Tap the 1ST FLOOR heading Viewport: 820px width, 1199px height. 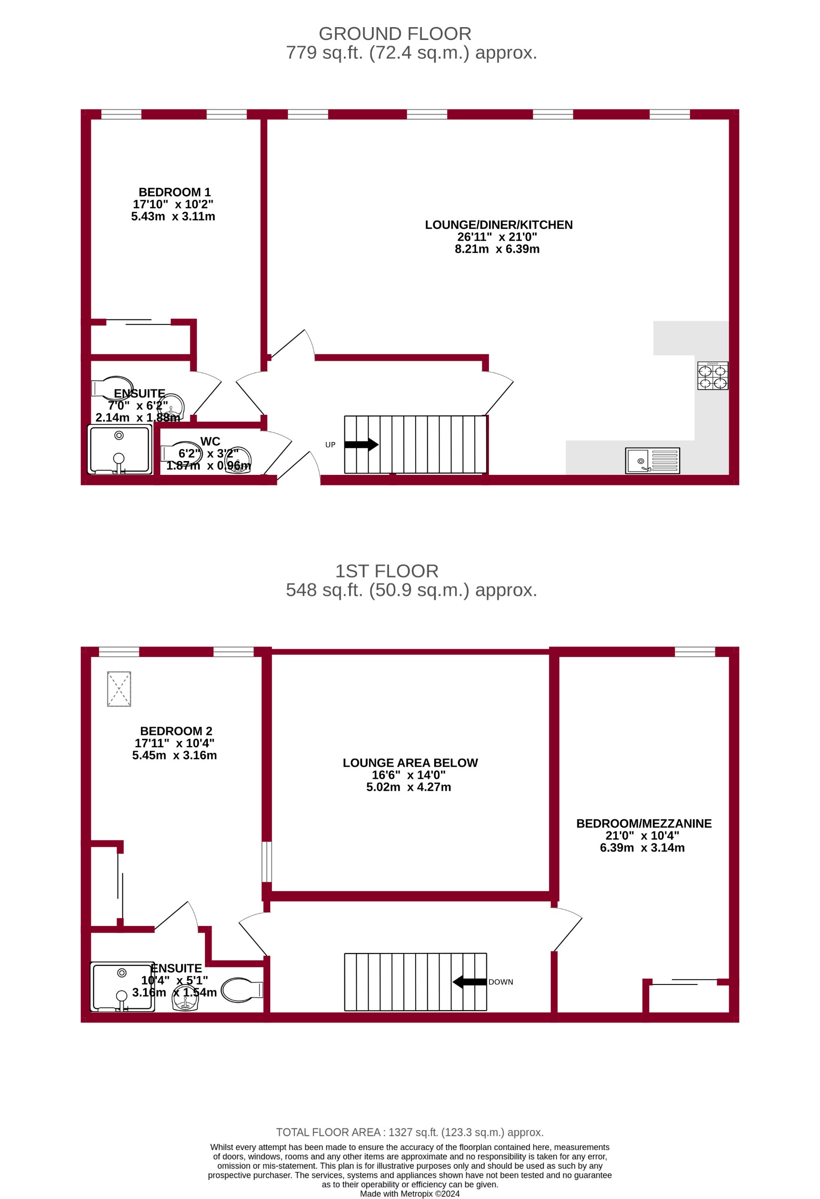tap(387, 571)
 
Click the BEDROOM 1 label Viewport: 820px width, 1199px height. tap(174, 192)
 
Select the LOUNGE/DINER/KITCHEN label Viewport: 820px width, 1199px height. tap(498, 225)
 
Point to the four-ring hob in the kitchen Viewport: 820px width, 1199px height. tap(712, 375)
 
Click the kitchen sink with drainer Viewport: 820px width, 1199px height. tap(652, 460)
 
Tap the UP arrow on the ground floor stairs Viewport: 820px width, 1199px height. tap(361, 444)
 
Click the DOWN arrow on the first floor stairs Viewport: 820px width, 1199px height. tap(470, 982)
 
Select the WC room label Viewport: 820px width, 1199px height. tap(210, 442)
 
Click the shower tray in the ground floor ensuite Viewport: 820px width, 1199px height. tap(120, 449)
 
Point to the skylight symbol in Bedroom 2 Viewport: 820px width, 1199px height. tap(119, 689)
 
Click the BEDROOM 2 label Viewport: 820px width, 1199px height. tap(176, 731)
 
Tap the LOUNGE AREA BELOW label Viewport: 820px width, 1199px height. tap(410, 763)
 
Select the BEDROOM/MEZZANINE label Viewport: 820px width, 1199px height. tap(644, 824)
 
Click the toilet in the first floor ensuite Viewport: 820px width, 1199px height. tap(241, 990)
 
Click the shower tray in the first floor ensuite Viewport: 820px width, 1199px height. tap(122, 986)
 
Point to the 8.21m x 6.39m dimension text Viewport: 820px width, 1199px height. tap(497, 249)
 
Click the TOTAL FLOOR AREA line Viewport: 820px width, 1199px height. tap(410, 1132)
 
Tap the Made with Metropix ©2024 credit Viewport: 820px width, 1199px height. tap(410, 1194)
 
